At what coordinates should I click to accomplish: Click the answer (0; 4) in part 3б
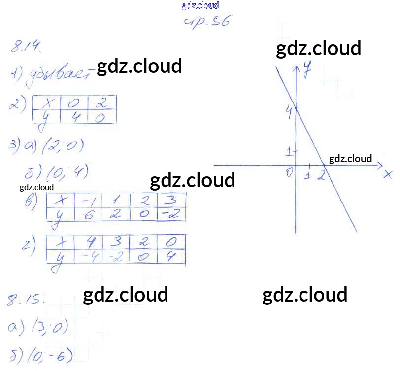[x=67, y=172]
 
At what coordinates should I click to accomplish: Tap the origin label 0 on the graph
[x=290, y=172]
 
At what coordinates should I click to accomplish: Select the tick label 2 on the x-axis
[x=321, y=174]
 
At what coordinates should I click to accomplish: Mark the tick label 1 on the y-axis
[x=290, y=151]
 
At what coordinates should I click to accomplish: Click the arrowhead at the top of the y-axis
[x=296, y=69]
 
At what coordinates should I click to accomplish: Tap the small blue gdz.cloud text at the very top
[x=200, y=6]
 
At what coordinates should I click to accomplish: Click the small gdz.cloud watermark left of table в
[x=36, y=187]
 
